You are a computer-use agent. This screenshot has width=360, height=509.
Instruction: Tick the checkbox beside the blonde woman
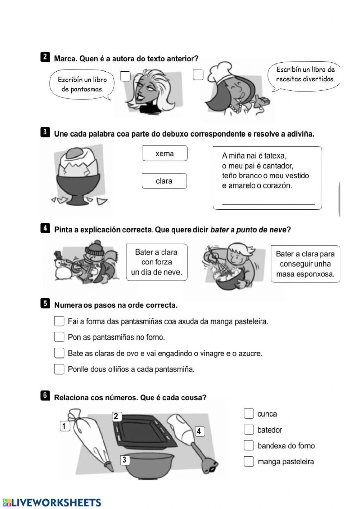[125, 76]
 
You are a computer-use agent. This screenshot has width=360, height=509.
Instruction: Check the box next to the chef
[198, 75]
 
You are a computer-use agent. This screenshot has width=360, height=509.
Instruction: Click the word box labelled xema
[165, 153]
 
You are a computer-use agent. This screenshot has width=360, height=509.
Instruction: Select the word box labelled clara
[164, 181]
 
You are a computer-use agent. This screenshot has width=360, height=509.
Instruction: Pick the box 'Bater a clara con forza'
[157, 262]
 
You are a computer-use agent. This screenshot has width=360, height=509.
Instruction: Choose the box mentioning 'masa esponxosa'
[305, 264]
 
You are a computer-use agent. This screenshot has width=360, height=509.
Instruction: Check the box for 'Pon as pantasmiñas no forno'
[59, 337]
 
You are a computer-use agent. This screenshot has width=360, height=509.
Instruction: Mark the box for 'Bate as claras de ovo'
[59, 353]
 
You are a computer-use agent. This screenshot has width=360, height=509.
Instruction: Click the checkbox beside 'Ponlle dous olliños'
[59, 369]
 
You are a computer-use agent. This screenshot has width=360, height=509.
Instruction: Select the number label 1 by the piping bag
[64, 426]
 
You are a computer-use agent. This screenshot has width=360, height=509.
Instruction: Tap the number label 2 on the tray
[116, 416]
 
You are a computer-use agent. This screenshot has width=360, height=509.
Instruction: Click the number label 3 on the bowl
[125, 460]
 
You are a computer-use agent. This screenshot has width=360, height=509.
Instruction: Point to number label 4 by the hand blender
[199, 431]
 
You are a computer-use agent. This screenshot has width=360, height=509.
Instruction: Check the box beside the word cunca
[249, 414]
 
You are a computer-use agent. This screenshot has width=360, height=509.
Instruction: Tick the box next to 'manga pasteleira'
[249, 461]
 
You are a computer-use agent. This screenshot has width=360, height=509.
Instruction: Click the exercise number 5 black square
[45, 303]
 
